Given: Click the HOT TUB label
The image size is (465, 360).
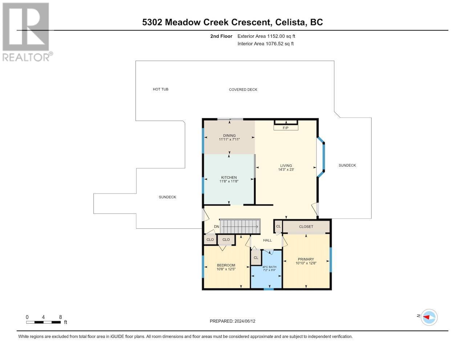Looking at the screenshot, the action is tap(161, 89).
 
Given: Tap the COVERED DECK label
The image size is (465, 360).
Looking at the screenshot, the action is tap(243, 89).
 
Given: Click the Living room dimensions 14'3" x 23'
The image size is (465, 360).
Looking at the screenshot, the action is tap(286, 169).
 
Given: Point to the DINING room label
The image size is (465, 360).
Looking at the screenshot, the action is tap(229, 135).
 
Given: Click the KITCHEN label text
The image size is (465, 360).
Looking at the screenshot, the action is tap(229, 177).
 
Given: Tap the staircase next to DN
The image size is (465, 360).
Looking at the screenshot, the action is tap(240, 226).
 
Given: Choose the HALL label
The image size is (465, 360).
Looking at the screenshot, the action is tap(267, 240).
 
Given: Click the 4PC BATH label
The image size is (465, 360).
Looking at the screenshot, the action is tap(270, 267).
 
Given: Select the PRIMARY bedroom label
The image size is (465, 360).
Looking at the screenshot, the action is tap(306, 259).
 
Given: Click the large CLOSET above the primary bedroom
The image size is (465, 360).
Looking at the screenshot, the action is tap(306, 227).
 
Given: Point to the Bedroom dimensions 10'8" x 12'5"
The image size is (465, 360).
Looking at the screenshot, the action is tap(226, 269).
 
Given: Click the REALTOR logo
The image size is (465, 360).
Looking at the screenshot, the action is tap(27, 32).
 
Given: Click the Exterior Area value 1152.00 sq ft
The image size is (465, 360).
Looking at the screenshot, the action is tap(280, 36).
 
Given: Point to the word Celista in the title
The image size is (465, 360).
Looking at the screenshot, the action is tap(290, 22).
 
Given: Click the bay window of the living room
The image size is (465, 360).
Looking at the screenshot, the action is tap(321, 157).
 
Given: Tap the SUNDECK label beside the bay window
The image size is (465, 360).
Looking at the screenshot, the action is tap(347, 165).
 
